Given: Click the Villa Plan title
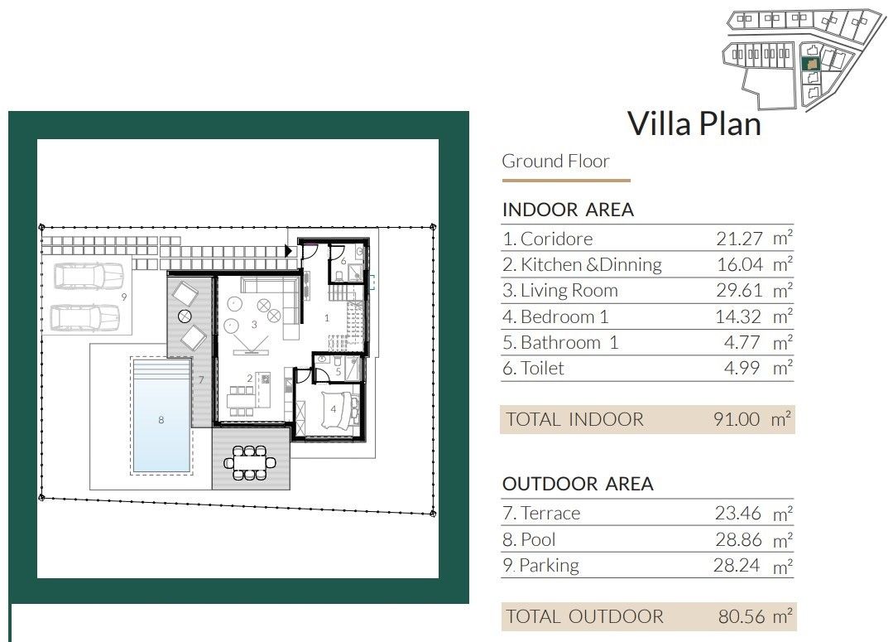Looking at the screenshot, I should click(694, 123).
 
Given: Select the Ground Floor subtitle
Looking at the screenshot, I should click(555, 162).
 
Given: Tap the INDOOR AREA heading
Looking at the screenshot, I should click(568, 210).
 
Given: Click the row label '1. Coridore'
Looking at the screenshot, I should click(548, 239).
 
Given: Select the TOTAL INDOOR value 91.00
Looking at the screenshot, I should click(736, 419).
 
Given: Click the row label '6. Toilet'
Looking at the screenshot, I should click(533, 369).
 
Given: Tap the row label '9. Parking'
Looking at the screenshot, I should click(540, 566).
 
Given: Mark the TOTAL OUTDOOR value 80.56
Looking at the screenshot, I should click(736, 616).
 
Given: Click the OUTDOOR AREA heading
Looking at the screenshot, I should click(578, 484).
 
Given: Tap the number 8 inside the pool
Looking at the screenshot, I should click(161, 420).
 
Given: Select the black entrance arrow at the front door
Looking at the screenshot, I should click(289, 250).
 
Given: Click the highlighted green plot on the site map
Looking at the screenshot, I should click(812, 63).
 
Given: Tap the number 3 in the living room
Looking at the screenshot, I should click(254, 325).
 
